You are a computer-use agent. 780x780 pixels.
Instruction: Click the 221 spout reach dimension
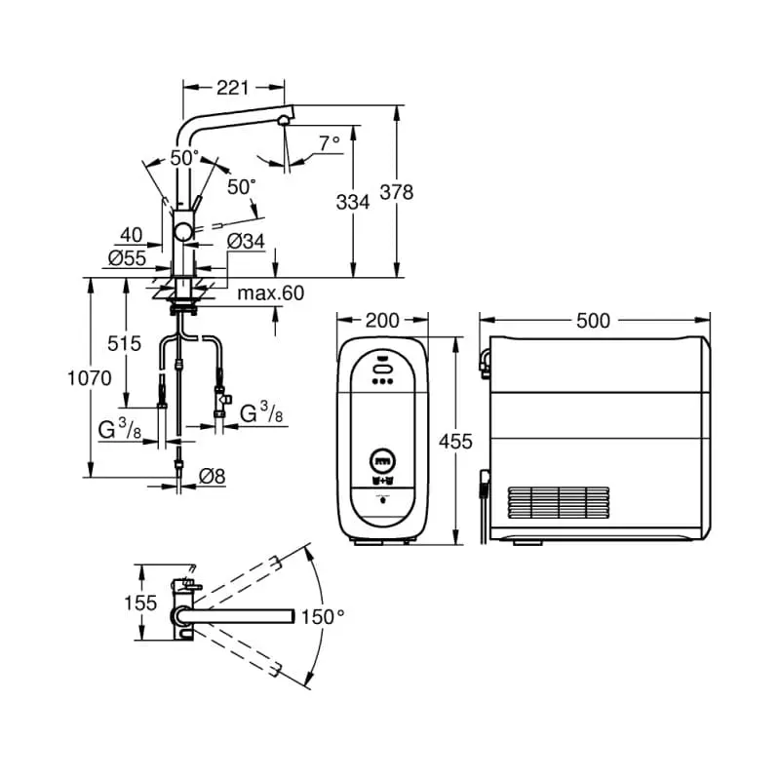[x=231, y=88]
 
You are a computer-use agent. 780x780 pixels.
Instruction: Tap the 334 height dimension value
[x=352, y=202]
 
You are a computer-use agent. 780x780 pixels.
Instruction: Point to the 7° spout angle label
[x=330, y=142]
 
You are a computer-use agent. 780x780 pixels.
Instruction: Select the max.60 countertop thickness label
[x=271, y=292]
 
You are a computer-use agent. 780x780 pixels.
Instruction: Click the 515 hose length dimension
[x=125, y=343]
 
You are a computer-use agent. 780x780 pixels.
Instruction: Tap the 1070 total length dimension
[x=90, y=377]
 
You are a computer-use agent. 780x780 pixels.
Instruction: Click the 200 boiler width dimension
[x=382, y=321]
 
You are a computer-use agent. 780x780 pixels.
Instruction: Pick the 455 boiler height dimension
[x=455, y=442]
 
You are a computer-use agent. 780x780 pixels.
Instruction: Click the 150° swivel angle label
[x=323, y=616]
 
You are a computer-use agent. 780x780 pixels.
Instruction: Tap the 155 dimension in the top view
[x=140, y=603]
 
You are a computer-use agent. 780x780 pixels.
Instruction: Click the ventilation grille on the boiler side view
[x=558, y=503]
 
